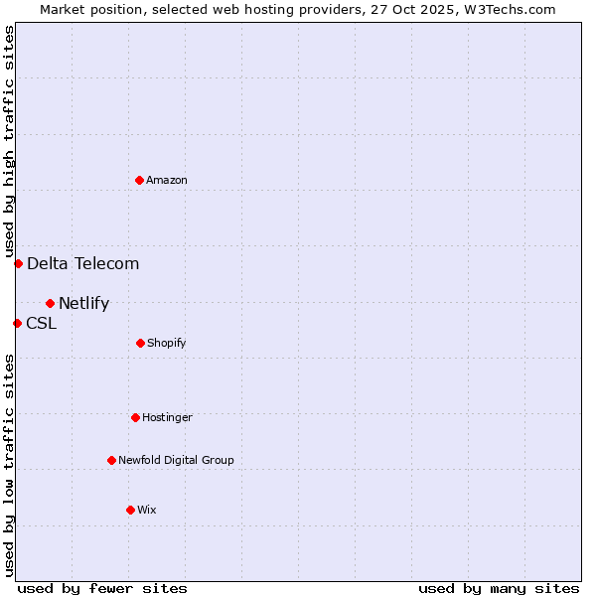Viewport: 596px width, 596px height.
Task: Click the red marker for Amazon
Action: coord(139,180)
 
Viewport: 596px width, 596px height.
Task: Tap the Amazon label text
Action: coord(167,181)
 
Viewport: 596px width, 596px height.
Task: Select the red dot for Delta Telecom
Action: coord(18,263)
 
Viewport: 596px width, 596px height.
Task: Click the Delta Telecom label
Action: coord(82,263)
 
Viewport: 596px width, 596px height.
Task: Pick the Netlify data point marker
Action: coord(50,303)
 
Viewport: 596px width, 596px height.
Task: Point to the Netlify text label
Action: coord(83,304)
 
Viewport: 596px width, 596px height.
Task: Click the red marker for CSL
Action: coord(17,323)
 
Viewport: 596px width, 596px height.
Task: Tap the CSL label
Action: coord(41,323)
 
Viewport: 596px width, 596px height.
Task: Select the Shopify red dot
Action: coord(140,343)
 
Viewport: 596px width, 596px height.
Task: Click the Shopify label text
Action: coord(167,344)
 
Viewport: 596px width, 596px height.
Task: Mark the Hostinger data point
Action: coord(135,417)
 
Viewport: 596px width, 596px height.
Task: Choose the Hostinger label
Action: coord(167,418)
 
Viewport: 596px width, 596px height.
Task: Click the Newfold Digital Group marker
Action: coord(111,460)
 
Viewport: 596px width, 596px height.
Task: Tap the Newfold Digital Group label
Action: coord(176,461)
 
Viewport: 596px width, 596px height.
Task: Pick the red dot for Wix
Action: coord(130,510)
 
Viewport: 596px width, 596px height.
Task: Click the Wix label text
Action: coord(147,511)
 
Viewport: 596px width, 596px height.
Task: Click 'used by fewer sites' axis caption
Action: coord(102,588)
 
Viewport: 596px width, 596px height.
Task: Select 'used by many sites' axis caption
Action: coord(499,588)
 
